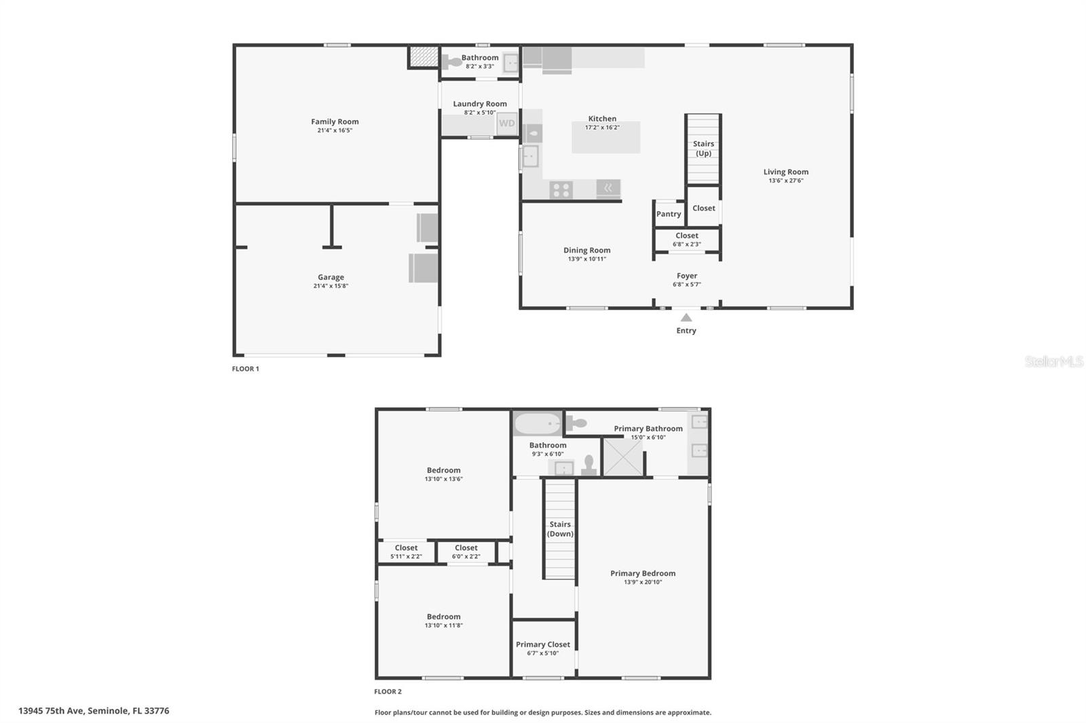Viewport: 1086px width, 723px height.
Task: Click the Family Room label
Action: click(x=335, y=122)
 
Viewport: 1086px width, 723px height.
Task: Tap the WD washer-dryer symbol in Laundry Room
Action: click(x=507, y=123)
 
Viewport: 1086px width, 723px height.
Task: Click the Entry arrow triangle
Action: click(x=686, y=317)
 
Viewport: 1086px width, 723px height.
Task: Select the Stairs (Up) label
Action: click(x=703, y=149)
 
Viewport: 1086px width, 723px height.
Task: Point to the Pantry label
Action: click(x=669, y=214)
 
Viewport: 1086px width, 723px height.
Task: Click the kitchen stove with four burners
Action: click(x=561, y=190)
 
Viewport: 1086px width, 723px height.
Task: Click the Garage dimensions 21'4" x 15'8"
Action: click(x=331, y=286)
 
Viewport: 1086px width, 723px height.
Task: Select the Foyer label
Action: click(x=687, y=276)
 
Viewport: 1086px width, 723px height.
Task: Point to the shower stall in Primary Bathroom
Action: click(x=622, y=457)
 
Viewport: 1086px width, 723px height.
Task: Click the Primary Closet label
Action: click(x=543, y=644)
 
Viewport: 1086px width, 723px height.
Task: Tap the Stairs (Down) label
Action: click(x=560, y=529)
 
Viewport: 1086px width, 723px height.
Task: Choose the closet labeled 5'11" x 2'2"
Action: click(x=406, y=552)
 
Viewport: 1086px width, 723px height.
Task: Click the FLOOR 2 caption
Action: click(x=388, y=692)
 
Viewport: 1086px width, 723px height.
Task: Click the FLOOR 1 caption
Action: click(x=246, y=369)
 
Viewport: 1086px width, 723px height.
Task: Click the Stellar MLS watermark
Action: click(x=1053, y=361)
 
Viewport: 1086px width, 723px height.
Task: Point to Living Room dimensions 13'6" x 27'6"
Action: click(x=786, y=181)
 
